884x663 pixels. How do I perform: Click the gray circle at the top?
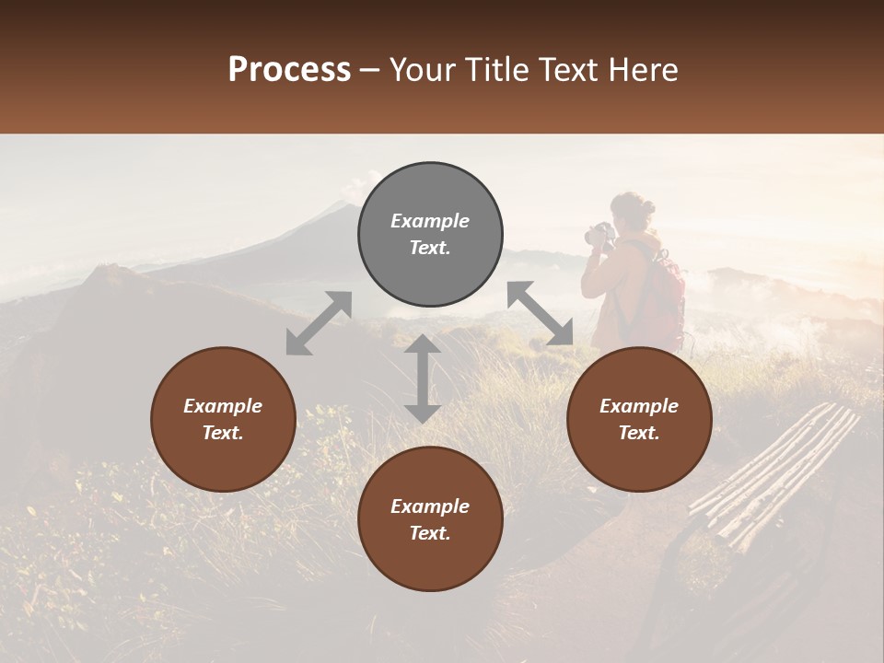pyautogui.click(x=430, y=235)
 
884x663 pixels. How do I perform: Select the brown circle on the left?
pyautogui.click(x=223, y=419)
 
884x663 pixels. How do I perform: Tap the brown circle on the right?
pyautogui.click(x=639, y=419)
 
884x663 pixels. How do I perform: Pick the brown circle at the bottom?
pyautogui.click(x=430, y=519)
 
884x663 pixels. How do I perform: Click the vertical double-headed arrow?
pyautogui.click(x=423, y=378)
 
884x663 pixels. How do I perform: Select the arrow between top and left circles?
pyautogui.click(x=319, y=323)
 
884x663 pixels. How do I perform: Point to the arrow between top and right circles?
pyautogui.click(x=541, y=313)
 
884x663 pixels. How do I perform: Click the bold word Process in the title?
pyautogui.click(x=289, y=69)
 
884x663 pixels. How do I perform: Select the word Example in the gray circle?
pyautogui.click(x=430, y=221)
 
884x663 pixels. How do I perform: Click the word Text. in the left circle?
pyautogui.click(x=223, y=433)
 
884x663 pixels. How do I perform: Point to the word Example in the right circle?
pyautogui.click(x=639, y=406)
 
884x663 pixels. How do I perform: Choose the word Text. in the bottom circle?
pyautogui.click(x=430, y=533)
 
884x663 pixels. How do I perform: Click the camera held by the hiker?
pyautogui.click(x=599, y=234)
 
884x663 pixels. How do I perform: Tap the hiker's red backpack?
pyautogui.click(x=664, y=295)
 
